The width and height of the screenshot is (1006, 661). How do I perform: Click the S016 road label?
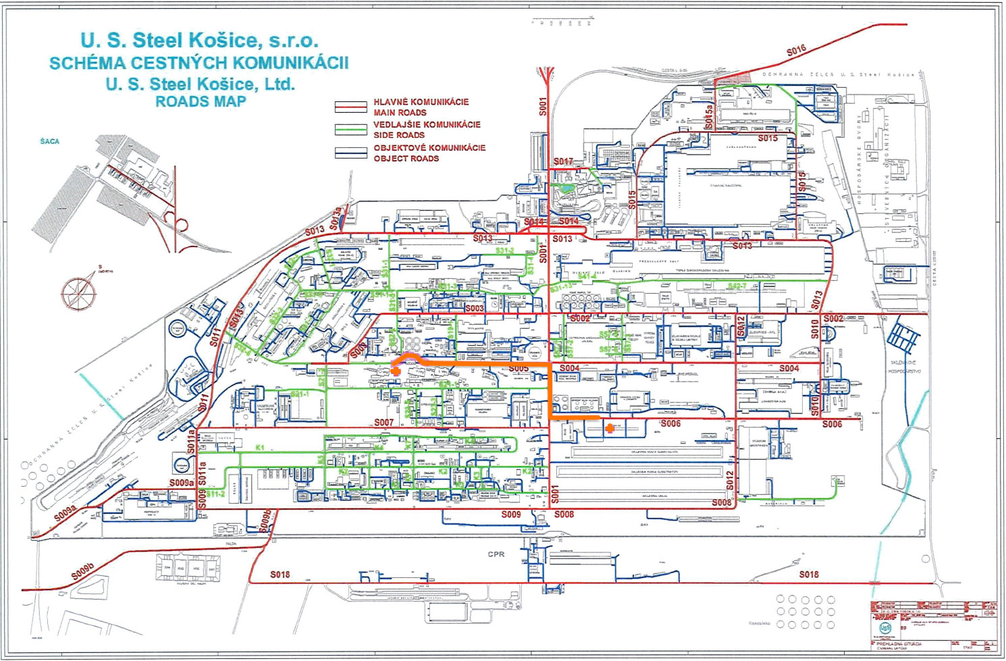pyautogui.click(x=796, y=51)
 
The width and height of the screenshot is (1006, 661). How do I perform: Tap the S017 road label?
pyautogui.click(x=563, y=161)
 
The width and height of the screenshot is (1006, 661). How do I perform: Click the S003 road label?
pyautogui.click(x=475, y=308)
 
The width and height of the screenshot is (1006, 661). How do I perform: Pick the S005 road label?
pyautogui.click(x=519, y=369)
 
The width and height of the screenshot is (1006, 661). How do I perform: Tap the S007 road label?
pyautogui.click(x=383, y=423)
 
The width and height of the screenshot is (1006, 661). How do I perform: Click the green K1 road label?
pyautogui.click(x=260, y=447)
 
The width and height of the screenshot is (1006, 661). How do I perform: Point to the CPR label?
pyautogui.click(x=496, y=554)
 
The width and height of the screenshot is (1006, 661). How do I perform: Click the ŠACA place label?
pyautogui.click(x=49, y=142)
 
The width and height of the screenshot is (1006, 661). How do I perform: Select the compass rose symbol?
pyautogui.click(x=80, y=294)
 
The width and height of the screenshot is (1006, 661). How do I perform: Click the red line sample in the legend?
pyautogui.click(x=351, y=107)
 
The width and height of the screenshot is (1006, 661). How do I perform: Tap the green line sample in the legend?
pyautogui.click(x=351, y=130)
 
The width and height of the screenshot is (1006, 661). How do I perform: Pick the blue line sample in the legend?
pyautogui.click(x=351, y=153)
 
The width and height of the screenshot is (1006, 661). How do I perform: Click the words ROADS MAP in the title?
pyautogui.click(x=201, y=102)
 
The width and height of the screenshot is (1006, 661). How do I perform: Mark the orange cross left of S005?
pyautogui.click(x=396, y=371)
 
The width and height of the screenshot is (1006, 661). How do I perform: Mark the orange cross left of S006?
pyautogui.click(x=610, y=427)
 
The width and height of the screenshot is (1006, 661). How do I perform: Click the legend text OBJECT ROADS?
pyautogui.click(x=406, y=159)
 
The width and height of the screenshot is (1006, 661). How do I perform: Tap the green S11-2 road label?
pyautogui.click(x=215, y=494)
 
